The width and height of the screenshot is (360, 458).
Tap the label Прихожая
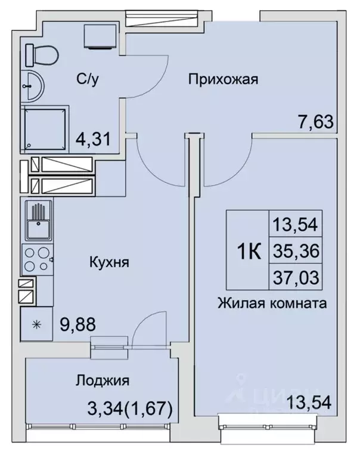(223, 79)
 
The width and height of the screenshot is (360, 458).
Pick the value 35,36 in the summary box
(296, 251)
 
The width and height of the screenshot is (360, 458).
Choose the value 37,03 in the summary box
(296, 277)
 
